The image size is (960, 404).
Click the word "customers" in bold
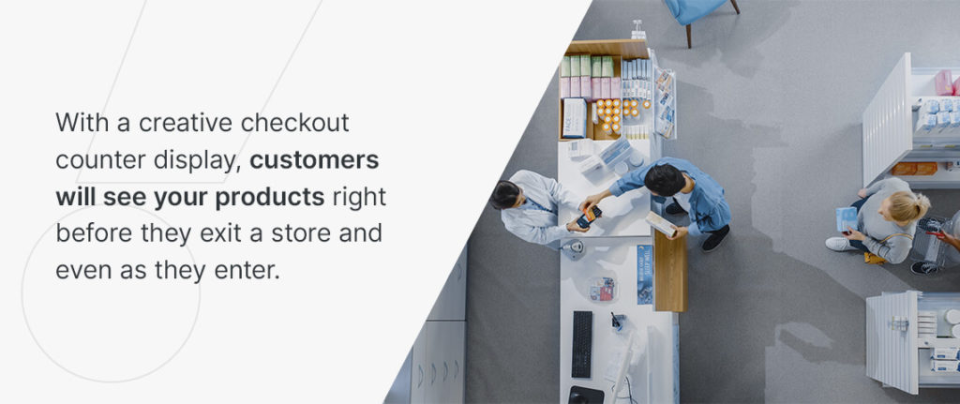pos(314,160)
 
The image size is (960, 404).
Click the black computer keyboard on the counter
pos(582,343)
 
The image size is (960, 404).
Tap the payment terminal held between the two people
pos(588,217)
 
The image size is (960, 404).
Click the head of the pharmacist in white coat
pos(506,195)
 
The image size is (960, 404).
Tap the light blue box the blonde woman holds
pos(846,218)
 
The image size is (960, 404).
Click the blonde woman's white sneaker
pos(837,244)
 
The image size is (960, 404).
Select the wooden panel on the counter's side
pos(670,271)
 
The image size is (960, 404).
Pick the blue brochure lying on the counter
pos(644,274)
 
